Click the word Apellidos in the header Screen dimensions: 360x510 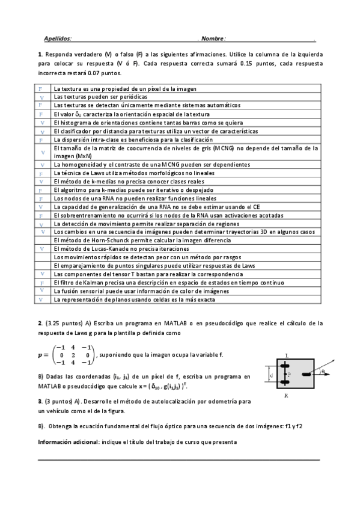pos(58,38)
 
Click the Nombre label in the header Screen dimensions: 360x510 pos(213,38)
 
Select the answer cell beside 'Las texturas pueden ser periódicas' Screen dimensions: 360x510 pos(41,96)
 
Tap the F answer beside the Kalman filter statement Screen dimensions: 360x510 pos(41,281)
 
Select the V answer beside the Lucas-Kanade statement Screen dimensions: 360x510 pos(41,248)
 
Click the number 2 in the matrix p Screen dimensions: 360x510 pos(72,355)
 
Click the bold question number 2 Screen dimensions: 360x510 pos(39,324)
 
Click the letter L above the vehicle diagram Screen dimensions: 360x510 pos(287,356)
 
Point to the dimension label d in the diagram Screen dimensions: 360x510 pos(272,376)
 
